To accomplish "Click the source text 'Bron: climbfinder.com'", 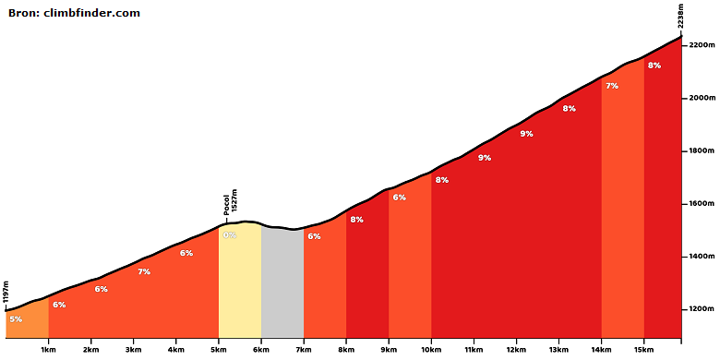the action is point(74,13).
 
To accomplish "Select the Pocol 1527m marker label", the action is point(230,201).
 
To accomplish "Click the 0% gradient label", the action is point(230,235).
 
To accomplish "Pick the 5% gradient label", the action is point(16,319).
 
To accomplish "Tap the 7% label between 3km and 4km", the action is point(144,271).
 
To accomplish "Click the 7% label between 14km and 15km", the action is point(612,86).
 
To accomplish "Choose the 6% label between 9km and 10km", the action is point(399,198).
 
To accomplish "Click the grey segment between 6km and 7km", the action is point(282,283).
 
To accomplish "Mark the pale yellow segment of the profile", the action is point(240,280).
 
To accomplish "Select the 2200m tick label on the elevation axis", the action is point(702,45).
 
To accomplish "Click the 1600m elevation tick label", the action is point(702,203).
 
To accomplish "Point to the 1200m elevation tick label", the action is point(702,309).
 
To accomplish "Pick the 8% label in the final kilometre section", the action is point(654,66).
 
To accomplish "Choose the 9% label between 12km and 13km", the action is point(526,134).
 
